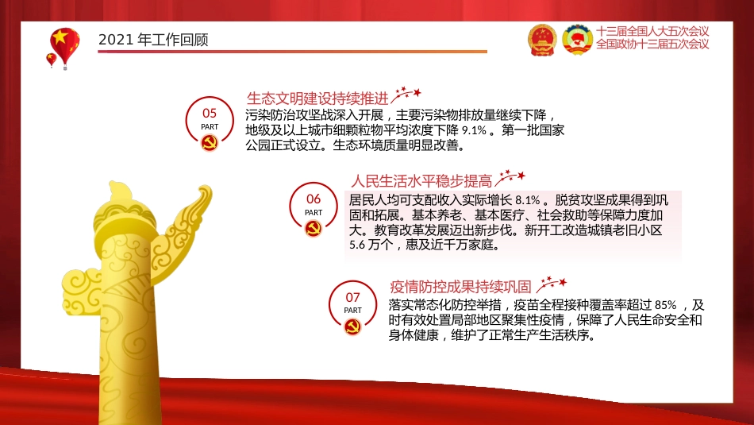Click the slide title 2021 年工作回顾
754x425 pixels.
[x=153, y=40]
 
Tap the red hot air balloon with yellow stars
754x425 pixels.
[x=64, y=44]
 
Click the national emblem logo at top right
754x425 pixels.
[x=543, y=39]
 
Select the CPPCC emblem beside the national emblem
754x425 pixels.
[x=577, y=39]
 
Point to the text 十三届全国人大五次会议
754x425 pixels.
[x=652, y=31]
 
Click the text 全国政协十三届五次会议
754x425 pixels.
[x=652, y=44]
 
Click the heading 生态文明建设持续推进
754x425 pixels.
[x=318, y=99]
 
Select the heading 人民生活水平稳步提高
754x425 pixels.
[x=421, y=180]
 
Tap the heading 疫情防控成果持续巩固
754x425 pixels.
[x=460, y=287]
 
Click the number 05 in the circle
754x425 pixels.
[x=210, y=114]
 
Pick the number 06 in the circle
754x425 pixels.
[x=314, y=199]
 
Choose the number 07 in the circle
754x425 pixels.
[x=352, y=297]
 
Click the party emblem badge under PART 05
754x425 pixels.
[x=210, y=143]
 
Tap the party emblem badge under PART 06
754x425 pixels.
[x=314, y=229]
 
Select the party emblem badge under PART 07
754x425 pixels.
[x=352, y=326]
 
